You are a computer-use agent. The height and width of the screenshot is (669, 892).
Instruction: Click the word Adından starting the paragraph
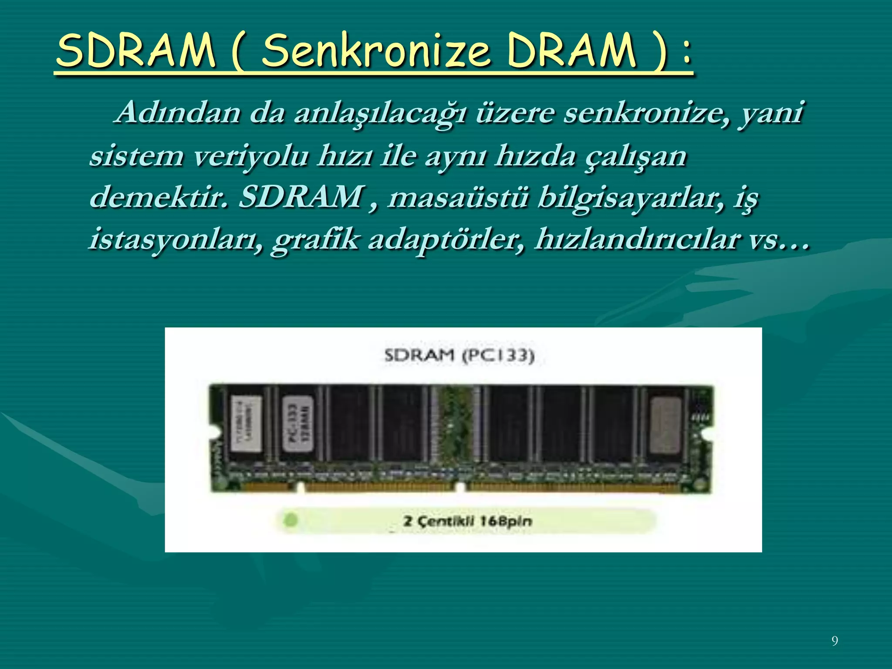179,112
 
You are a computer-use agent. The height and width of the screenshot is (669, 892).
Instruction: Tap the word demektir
159,197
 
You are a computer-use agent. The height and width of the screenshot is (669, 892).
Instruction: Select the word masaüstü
458,197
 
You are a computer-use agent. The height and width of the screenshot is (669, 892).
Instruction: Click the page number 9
835,641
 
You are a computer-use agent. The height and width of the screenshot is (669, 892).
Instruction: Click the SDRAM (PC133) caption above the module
460,356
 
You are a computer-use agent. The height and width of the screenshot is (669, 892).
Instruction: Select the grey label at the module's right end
665,426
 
